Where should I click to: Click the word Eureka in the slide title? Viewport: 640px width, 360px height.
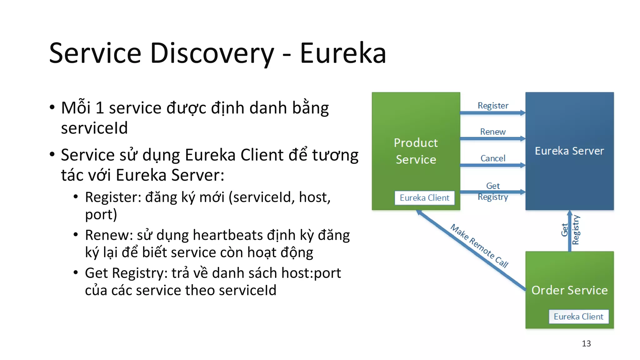click(x=343, y=53)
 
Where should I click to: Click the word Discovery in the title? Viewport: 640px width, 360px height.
click(x=212, y=53)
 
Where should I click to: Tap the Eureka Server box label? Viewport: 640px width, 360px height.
click(x=569, y=151)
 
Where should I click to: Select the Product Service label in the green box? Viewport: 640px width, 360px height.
click(x=416, y=151)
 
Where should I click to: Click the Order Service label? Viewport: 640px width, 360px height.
click(x=569, y=290)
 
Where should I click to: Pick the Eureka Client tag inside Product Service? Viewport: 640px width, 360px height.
click(x=424, y=198)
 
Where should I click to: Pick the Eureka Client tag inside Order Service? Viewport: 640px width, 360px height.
click(x=578, y=317)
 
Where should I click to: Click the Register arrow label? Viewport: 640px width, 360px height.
click(x=493, y=106)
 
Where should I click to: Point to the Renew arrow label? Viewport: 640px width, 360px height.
click(x=493, y=132)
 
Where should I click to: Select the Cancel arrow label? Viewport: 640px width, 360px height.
click(x=493, y=158)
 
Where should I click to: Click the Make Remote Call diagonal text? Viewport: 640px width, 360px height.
click(x=479, y=246)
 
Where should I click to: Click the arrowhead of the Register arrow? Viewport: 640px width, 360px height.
click(x=522, y=113)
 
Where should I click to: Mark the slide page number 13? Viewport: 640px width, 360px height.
click(x=586, y=343)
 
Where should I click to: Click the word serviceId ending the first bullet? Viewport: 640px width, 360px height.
click(x=94, y=128)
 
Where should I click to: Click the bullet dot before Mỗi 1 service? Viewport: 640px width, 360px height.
click(x=52, y=107)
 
